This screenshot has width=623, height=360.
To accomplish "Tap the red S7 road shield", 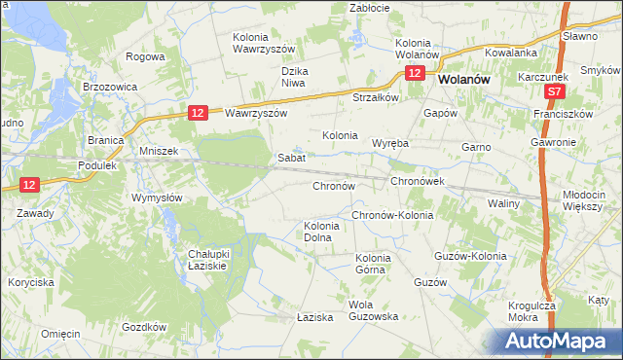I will pyautogui.click(x=553, y=90).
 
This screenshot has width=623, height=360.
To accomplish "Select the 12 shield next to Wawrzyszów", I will pyautogui.click(x=198, y=113).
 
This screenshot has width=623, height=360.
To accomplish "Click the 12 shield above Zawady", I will pyautogui.click(x=28, y=184).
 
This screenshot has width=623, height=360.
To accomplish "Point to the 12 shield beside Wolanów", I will pyautogui.click(x=416, y=74).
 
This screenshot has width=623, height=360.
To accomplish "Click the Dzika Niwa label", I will pyautogui.click(x=301, y=77).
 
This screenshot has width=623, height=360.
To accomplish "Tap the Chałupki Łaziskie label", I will pyautogui.click(x=207, y=260).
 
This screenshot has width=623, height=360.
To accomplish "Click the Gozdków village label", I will pyautogui.click(x=142, y=327).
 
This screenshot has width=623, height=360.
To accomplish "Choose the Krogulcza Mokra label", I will pyautogui.click(x=531, y=311).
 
